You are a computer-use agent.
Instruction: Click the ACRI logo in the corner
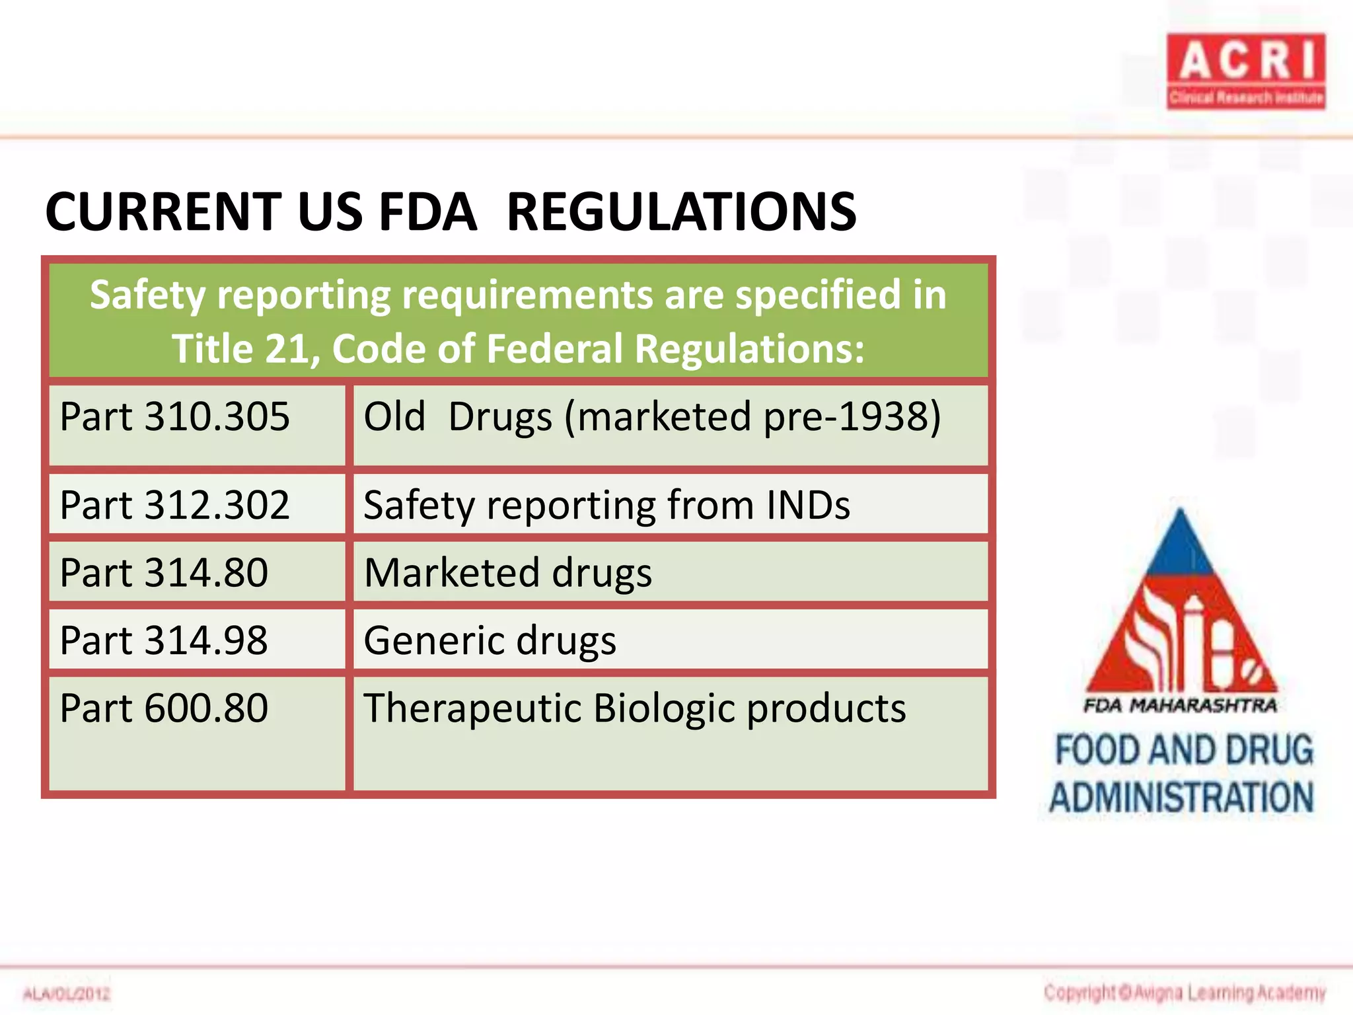pos(1245,71)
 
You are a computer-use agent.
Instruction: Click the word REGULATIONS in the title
pos(681,212)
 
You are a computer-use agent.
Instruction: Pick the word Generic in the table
pos(433,641)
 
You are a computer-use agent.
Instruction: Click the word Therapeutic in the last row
pos(472,709)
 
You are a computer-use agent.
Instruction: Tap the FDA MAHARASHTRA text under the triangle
pos(1180,706)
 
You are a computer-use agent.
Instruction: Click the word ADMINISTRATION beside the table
pos(1182,797)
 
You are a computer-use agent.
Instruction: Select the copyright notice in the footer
pos(1185,992)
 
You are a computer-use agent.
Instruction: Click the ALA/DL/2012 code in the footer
pos(67,993)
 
